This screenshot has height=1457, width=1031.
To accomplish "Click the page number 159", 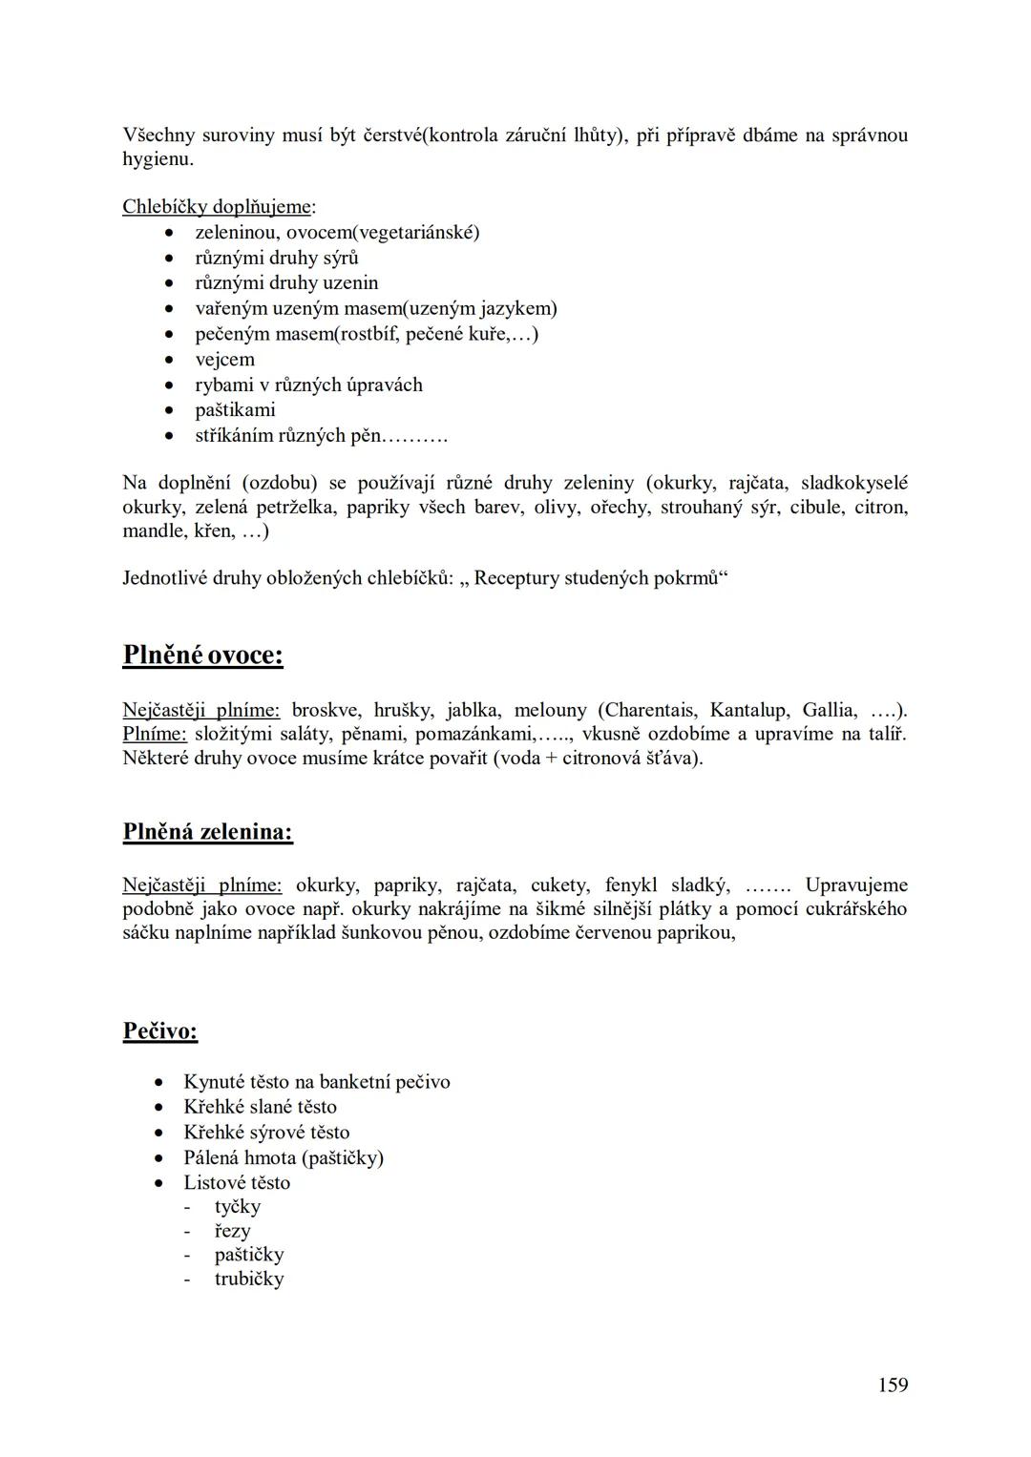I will point(893,1384).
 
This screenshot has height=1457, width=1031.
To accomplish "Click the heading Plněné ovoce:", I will point(202,655).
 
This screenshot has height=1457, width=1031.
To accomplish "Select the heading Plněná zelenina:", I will point(207,832).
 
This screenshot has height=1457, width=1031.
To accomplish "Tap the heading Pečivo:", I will point(160,1030).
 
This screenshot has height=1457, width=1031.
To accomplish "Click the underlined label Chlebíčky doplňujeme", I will point(217,206).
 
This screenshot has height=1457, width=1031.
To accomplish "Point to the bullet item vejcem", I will point(224,360).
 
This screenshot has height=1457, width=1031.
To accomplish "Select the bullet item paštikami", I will point(235,410).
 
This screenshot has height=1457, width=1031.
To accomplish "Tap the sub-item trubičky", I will point(249,1279).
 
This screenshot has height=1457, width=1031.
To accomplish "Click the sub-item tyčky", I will point(238,1207).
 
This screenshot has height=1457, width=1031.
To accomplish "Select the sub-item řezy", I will point(232,1231).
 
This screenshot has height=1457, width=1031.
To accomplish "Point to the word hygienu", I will point(158,159).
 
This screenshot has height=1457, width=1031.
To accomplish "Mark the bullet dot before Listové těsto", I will point(159,1183).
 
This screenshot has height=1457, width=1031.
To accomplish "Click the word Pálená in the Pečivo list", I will point(211,1157).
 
